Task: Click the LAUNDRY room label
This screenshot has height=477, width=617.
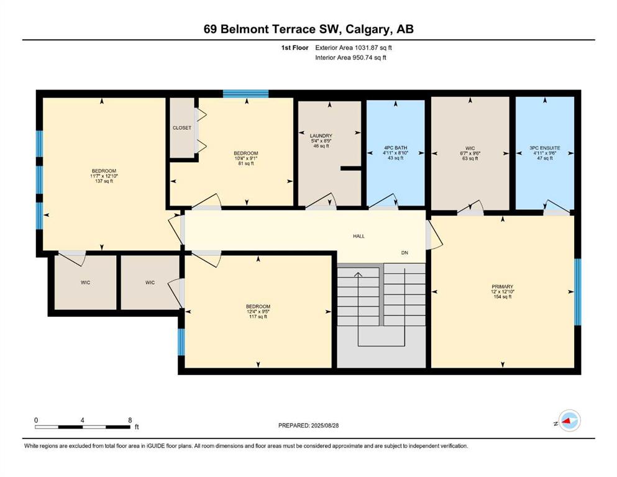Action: [321, 135]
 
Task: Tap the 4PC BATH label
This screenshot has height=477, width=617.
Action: [395, 148]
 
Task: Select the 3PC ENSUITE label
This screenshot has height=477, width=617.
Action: [544, 148]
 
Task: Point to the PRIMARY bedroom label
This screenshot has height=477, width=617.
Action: [503, 287]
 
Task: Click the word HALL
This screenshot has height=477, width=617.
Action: [359, 237]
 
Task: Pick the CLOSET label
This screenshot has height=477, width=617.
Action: [182, 128]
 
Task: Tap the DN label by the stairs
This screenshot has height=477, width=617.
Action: [404, 253]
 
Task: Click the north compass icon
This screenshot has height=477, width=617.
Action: [569, 420]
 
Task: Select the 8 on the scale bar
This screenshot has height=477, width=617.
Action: [130, 420]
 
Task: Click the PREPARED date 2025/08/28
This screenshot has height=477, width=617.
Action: [324, 425]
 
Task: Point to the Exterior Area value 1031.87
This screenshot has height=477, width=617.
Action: [366, 48]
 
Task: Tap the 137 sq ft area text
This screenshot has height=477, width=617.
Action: [104, 181]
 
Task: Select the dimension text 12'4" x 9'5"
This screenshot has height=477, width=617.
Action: [258, 311]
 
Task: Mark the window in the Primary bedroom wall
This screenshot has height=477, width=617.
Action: [578, 292]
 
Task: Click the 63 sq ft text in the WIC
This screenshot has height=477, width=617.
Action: [470, 158]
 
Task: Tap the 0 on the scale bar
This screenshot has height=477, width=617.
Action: [36, 420]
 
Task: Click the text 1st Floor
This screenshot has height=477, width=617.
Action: [295, 48]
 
